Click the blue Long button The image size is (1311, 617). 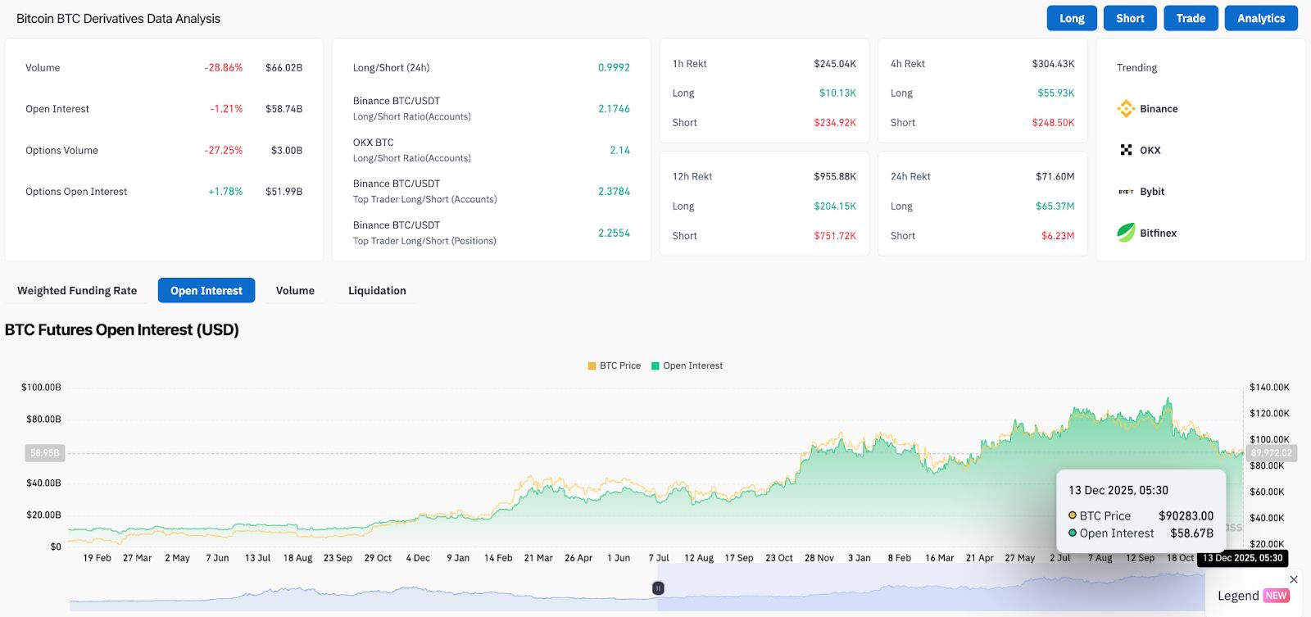tap(1071, 18)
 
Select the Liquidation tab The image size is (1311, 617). tap(377, 291)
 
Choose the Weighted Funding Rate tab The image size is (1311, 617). tap(77, 291)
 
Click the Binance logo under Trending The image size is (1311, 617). tap(1126, 108)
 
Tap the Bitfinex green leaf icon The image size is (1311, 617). tap(1126, 233)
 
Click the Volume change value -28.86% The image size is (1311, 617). tap(224, 68)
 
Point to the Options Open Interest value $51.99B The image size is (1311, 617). tap(284, 192)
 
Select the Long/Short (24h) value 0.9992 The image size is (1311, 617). tap(614, 68)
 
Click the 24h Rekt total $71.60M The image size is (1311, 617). tap(1055, 177)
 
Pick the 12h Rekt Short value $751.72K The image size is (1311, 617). tap(834, 236)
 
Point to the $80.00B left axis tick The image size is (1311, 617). tap(43, 420)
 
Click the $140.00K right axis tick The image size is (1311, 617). tap(1269, 388)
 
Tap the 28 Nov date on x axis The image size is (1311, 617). tap(819, 558)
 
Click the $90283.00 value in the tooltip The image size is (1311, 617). tap(1186, 516)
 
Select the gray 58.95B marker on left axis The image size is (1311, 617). tap(44, 453)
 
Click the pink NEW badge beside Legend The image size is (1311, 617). tap(1276, 596)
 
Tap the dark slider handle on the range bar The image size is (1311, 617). tap(658, 588)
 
